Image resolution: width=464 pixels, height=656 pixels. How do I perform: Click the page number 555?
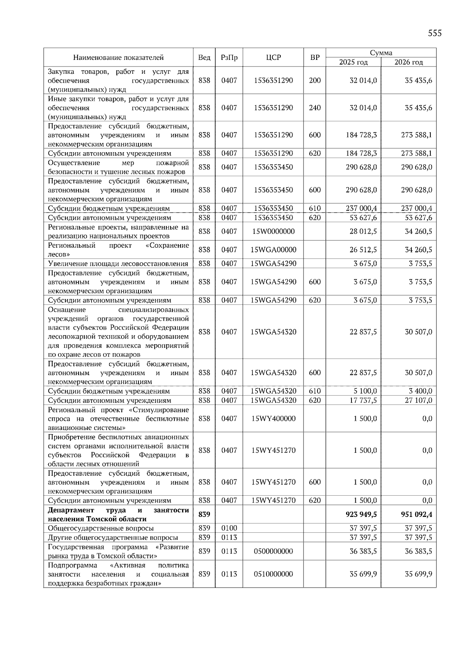(435, 33)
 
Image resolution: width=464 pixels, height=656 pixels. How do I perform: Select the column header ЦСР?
(273, 58)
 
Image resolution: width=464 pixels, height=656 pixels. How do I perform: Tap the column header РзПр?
(229, 58)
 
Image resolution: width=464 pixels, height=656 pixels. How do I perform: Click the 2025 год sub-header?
(353, 62)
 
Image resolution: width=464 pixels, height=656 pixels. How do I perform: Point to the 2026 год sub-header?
(408, 62)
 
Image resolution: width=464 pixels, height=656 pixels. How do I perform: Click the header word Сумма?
(381, 53)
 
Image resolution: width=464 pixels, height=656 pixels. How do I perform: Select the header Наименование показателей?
(118, 58)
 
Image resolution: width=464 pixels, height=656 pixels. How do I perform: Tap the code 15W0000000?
(273, 231)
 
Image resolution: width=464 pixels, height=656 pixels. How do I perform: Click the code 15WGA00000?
(273, 250)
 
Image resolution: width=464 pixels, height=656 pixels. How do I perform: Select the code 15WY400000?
(273, 418)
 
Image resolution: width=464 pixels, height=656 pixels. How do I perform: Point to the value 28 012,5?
(363, 231)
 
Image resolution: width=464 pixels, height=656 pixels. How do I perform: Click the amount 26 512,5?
(363, 250)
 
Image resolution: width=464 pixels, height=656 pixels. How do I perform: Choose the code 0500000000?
(273, 551)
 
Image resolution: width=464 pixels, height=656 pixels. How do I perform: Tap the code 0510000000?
(273, 574)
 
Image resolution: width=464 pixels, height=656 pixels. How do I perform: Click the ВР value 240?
(315, 108)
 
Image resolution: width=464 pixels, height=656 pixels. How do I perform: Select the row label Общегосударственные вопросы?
(101, 528)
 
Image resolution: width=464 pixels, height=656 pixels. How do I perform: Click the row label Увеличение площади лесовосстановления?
(118, 264)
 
